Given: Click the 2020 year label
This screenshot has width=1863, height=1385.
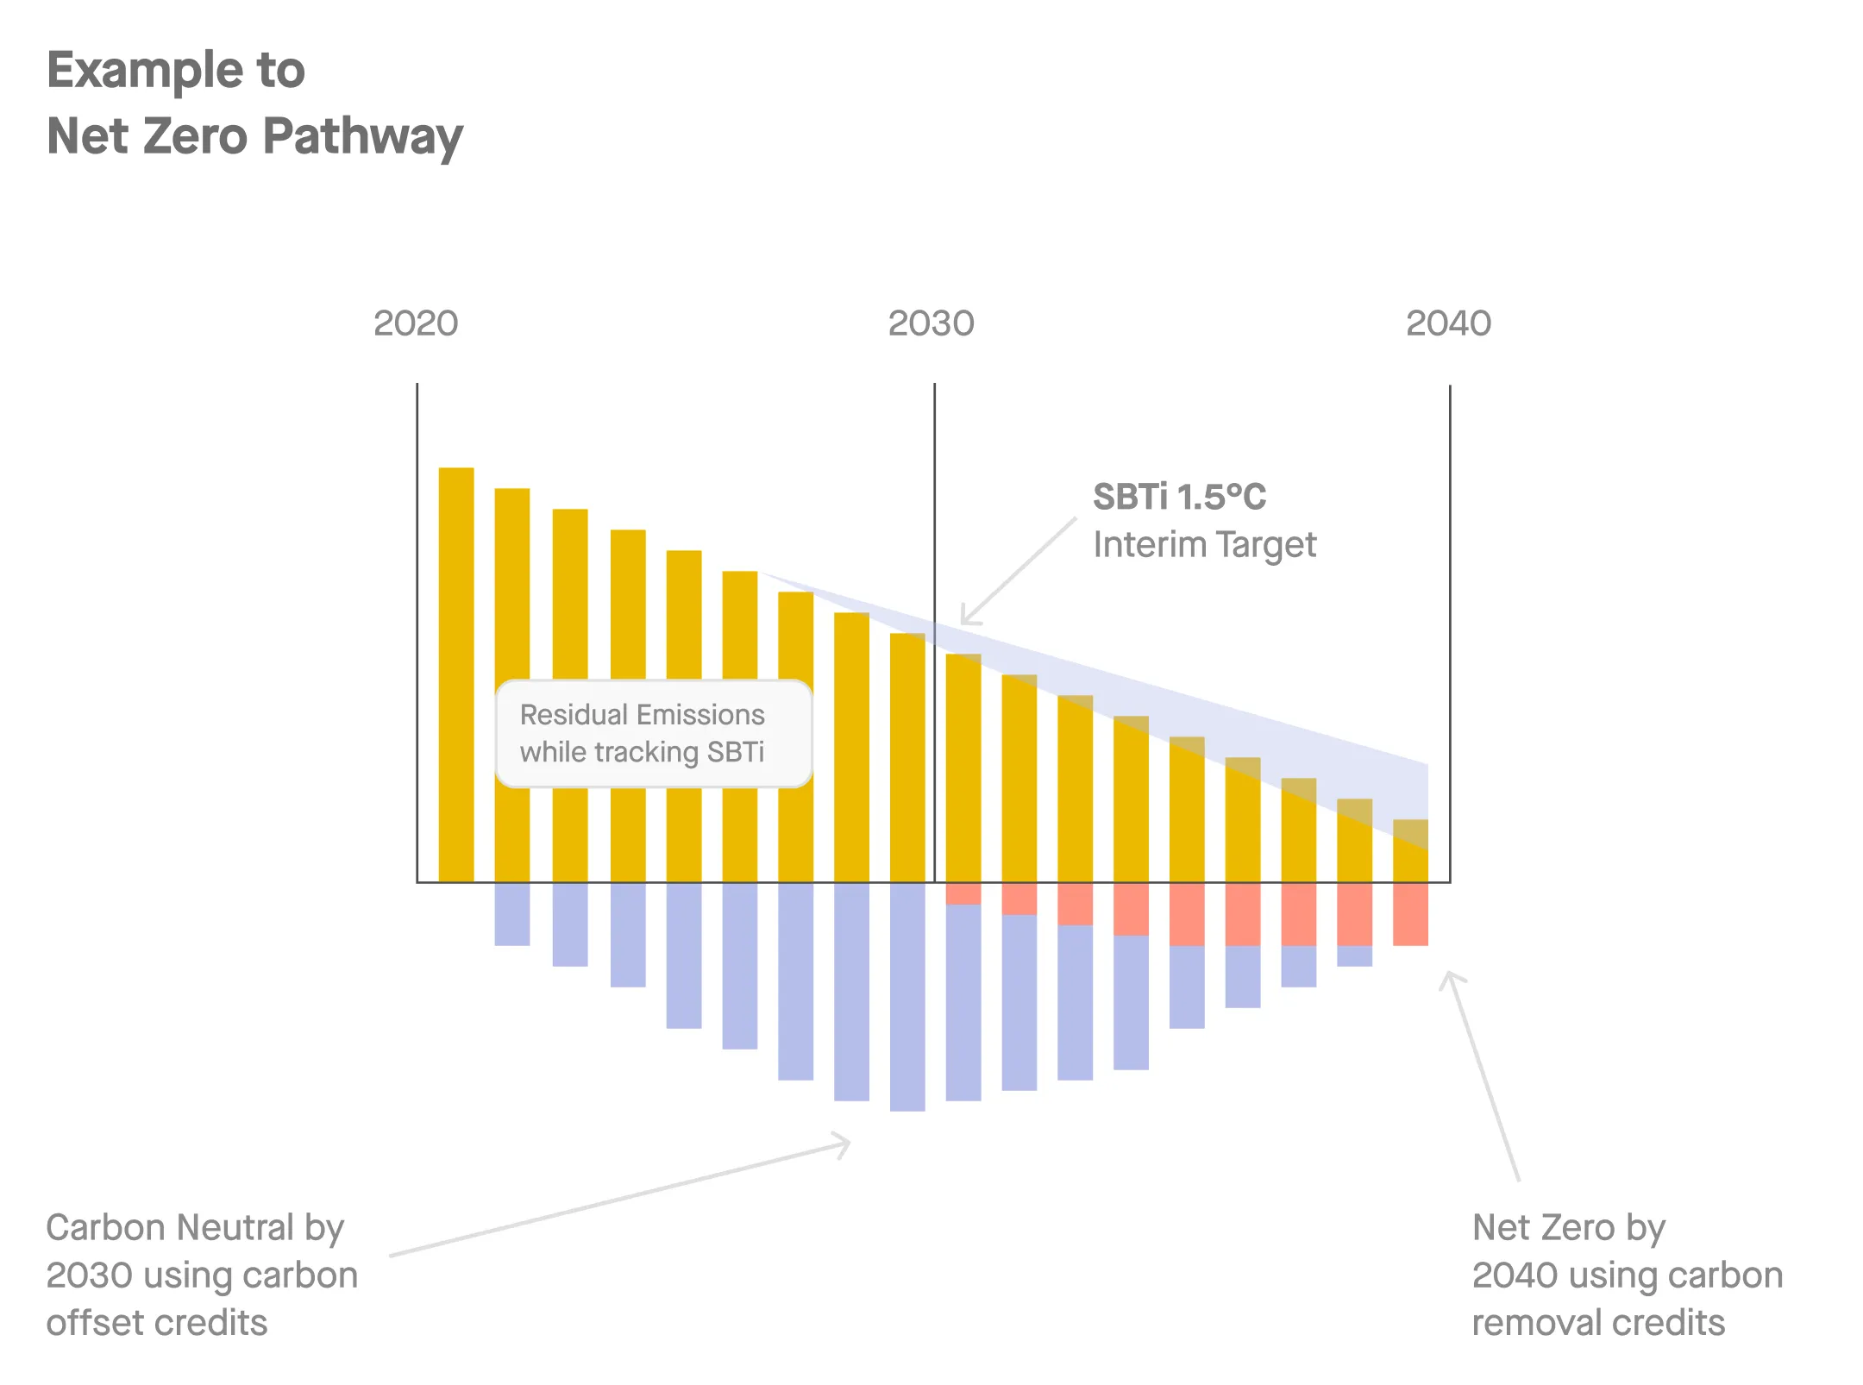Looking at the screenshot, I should [416, 323].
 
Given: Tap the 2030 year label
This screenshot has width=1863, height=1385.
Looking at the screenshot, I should [931, 323].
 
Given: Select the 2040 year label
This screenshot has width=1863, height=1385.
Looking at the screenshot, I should [1448, 323].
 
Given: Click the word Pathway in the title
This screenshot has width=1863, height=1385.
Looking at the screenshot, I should [363, 136].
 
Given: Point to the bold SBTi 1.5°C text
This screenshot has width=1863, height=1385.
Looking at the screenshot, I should [1179, 497].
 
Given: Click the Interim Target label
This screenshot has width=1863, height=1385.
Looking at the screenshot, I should [1204, 545].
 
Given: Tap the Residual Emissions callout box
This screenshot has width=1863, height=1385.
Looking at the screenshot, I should [653, 734].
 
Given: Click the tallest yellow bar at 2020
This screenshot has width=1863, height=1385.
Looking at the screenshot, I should [456, 673].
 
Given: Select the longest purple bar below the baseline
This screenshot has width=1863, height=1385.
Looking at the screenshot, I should [907, 996].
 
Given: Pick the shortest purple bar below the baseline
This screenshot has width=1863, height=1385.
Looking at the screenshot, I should [1354, 956].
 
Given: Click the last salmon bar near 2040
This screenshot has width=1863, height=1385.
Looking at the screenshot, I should [1410, 914].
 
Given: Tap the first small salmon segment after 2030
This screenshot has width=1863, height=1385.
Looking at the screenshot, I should [963, 893].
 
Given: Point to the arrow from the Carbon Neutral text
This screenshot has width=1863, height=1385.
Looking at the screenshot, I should [621, 1200].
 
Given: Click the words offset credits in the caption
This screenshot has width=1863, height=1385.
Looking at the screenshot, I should [157, 1323].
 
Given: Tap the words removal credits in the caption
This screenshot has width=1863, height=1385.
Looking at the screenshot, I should [1598, 1323].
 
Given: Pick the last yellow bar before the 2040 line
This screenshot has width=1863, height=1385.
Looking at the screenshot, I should [1410, 850].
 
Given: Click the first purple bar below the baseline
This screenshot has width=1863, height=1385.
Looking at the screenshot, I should [511, 914].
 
